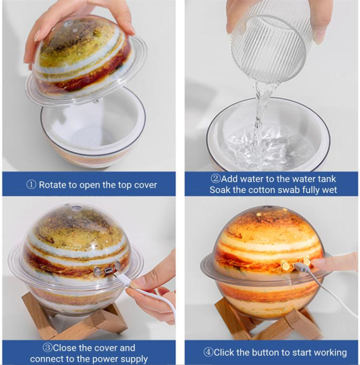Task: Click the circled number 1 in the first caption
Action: [x=31, y=185]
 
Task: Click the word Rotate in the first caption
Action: [x=52, y=185]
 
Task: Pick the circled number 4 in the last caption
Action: [x=208, y=353]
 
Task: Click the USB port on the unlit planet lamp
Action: [x=107, y=270]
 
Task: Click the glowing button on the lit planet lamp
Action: [x=286, y=265]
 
